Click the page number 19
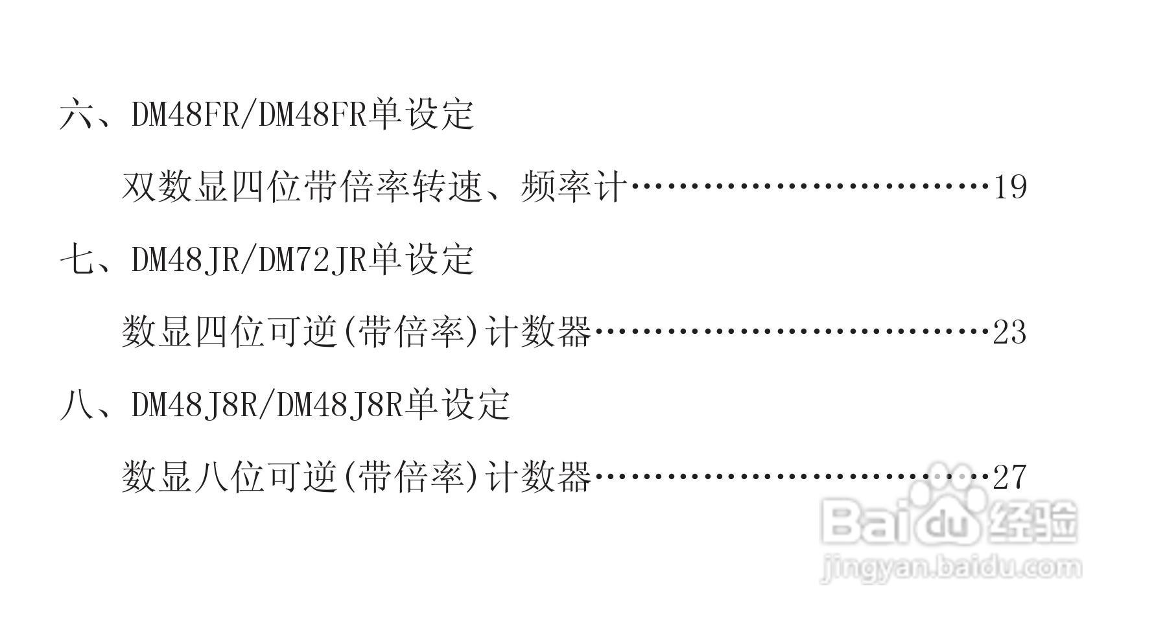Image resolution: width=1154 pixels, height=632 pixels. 1010,187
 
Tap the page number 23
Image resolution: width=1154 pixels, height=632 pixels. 1009,333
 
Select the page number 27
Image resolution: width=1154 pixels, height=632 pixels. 1009,478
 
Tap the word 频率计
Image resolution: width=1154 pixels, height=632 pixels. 573,187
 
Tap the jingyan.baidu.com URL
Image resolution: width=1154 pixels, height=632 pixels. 950,568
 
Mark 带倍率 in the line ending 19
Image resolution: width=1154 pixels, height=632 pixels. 356,187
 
